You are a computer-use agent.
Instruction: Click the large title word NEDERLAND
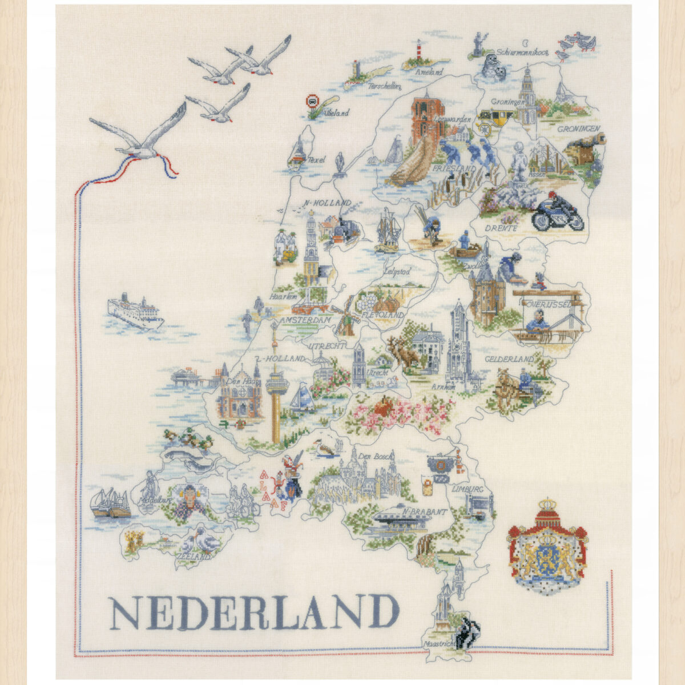pyautogui.click(x=254, y=612)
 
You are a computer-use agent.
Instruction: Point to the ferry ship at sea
pyautogui.click(x=135, y=312)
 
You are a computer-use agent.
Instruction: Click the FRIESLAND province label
pyautogui.click(x=454, y=170)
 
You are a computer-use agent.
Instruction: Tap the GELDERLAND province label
pyautogui.click(x=509, y=360)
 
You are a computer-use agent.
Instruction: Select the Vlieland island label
pyautogui.click(x=336, y=114)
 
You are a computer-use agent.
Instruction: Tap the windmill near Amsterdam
pyautogui.click(x=345, y=317)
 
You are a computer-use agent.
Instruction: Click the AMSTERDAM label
pyautogui.click(x=306, y=321)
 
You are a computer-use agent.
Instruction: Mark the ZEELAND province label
pyautogui.click(x=193, y=555)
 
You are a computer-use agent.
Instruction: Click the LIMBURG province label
pyautogui.click(x=467, y=490)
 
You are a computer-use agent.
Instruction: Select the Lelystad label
pyautogui.click(x=398, y=272)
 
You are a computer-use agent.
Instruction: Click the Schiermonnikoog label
pyautogui.click(x=522, y=52)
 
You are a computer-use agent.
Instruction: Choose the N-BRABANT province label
pyautogui.click(x=423, y=513)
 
